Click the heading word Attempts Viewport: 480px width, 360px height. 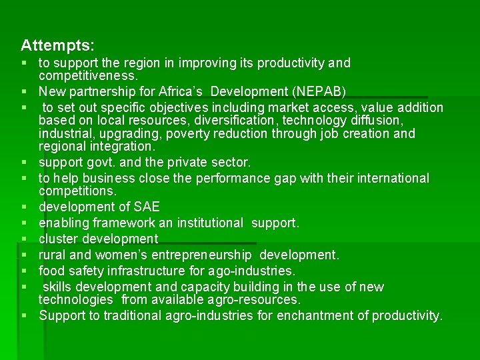pos(57,46)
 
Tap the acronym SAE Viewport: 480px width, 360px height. pos(146,207)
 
